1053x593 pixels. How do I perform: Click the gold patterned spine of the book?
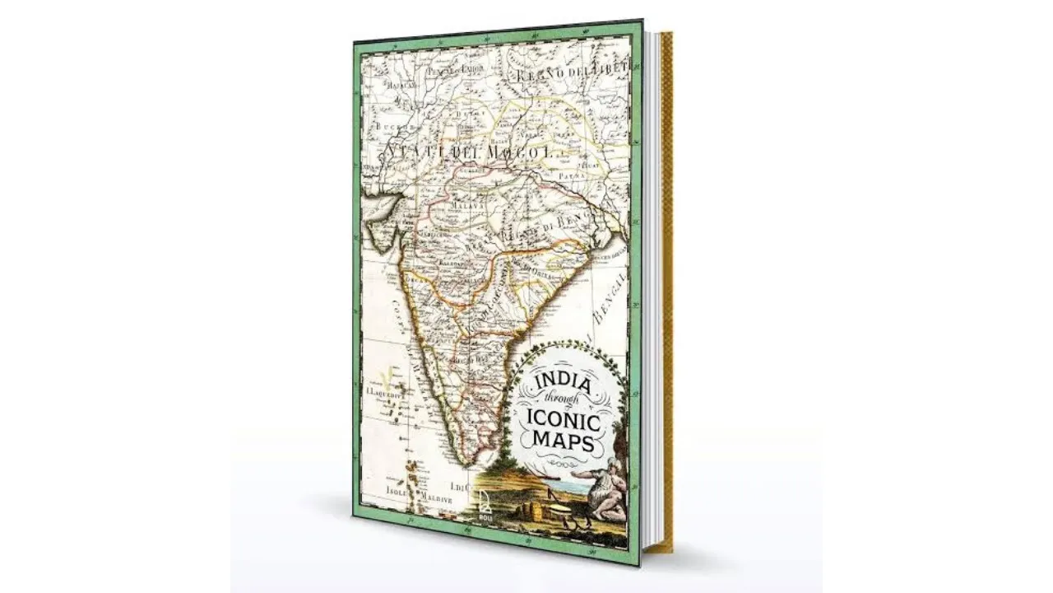[x=666, y=288]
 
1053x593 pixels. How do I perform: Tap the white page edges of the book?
[x=652, y=288]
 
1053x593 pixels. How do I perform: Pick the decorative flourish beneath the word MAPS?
[x=565, y=463]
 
